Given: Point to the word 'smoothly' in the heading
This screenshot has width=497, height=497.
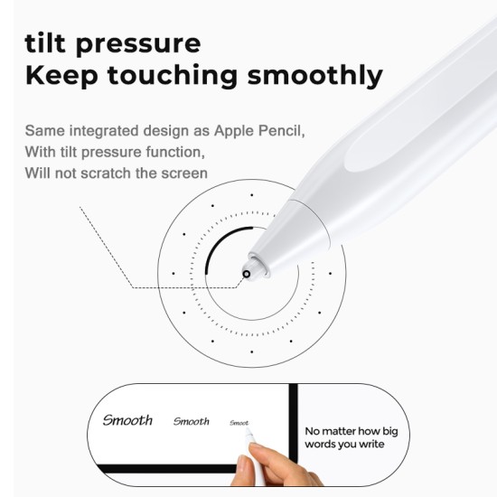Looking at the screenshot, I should pos(319,77).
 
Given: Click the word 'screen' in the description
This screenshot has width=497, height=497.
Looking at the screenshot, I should pos(183,173).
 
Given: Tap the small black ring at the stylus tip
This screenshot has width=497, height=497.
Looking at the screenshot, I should pos(247,273).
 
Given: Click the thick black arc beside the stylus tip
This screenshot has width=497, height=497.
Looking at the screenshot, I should pos(210,258).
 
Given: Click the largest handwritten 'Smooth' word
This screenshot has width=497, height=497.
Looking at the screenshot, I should pos(127,420).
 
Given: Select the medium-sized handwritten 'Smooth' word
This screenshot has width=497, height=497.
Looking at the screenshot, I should pos(191,421).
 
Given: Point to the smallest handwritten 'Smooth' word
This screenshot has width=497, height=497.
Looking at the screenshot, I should pos(239,423).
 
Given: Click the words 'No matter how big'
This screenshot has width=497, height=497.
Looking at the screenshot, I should pos(352,431).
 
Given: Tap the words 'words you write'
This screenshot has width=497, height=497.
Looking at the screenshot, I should pos(345,445).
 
